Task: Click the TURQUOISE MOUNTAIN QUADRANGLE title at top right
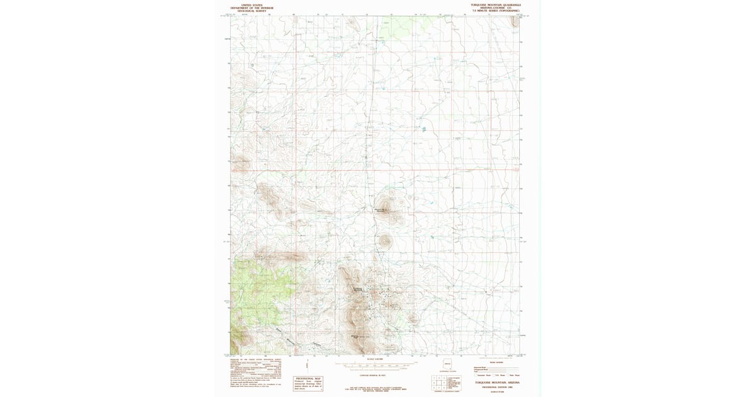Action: click(496, 4)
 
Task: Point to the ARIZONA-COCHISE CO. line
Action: click(496, 8)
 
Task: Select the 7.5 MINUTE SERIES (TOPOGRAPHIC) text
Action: click(496, 11)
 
